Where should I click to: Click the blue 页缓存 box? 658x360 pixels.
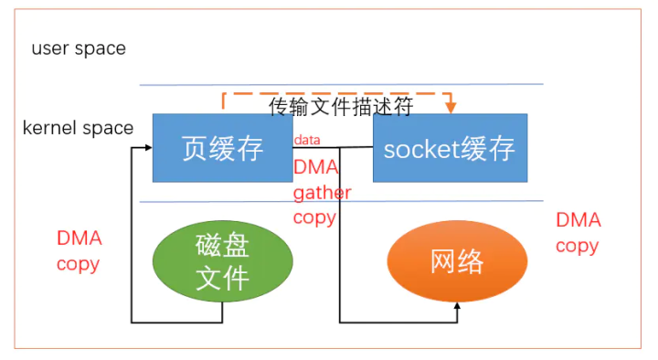[x=222, y=148]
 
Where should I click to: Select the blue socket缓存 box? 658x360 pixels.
[x=450, y=148]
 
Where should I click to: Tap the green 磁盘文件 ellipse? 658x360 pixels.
[x=222, y=261]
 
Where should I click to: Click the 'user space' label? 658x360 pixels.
[x=79, y=48]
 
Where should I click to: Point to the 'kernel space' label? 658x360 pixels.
[x=78, y=128]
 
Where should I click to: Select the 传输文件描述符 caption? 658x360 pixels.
[x=341, y=107]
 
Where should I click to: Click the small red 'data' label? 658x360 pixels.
[x=307, y=140]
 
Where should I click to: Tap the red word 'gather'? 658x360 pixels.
[x=322, y=193]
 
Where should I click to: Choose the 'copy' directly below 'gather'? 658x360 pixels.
[x=314, y=217]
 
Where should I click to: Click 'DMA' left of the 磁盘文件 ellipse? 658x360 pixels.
[x=80, y=239]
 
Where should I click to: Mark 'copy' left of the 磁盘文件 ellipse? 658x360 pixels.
[x=79, y=264]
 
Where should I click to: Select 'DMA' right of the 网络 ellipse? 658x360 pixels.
[x=578, y=220]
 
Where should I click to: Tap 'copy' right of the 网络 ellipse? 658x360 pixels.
[x=578, y=246]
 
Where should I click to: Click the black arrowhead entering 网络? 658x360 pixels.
[x=457, y=305]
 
